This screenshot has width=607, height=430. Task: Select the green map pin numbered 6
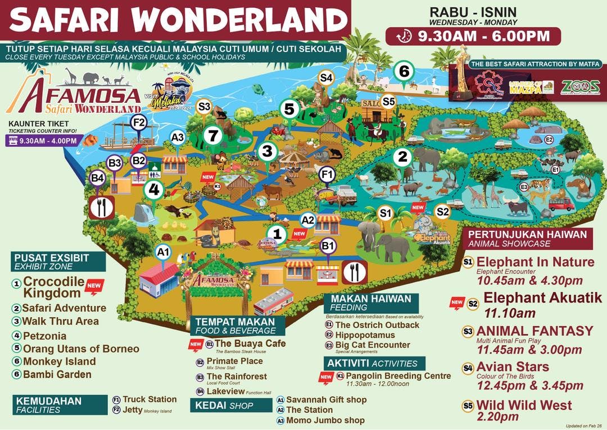pyautogui.click(x=404, y=72)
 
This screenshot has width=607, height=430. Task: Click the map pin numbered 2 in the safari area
pyautogui.click(x=402, y=157)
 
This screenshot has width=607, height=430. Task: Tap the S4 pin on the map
pyautogui.click(x=327, y=77)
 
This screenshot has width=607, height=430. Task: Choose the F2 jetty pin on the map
pyautogui.click(x=138, y=122)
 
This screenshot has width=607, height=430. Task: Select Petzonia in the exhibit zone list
pyautogui.click(x=44, y=336)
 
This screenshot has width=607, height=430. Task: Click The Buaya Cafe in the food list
pyautogui.click(x=250, y=344)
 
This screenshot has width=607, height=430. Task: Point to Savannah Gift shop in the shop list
pyautogui.click(x=326, y=400)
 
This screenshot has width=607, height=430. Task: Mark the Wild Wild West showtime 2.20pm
pyautogui.click(x=497, y=417)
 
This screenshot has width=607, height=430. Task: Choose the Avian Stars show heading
pyautogui.click(x=513, y=367)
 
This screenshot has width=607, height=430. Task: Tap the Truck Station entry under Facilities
pyautogui.click(x=150, y=399)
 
